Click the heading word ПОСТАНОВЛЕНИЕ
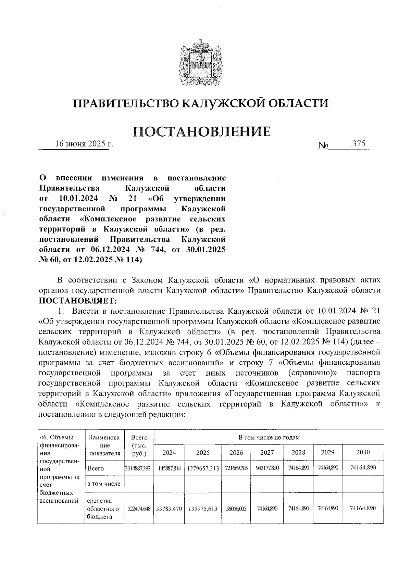pyautogui.click(x=201, y=131)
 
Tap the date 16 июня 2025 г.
pyautogui.click(x=84, y=144)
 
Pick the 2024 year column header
pyautogui.click(x=169, y=453)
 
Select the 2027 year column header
pyautogui.click(x=267, y=453)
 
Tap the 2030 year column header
pyautogui.click(x=363, y=453)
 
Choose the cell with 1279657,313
pyautogui.click(x=203, y=468)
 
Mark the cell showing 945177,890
pyautogui.click(x=267, y=468)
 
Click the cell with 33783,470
pyautogui.click(x=169, y=508)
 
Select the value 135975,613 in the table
pyautogui.click(x=203, y=508)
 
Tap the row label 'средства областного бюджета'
pyautogui.click(x=103, y=508)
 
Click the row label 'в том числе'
pyautogui.click(x=104, y=484)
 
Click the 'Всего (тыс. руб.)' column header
pyautogui.click(x=139, y=445)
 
